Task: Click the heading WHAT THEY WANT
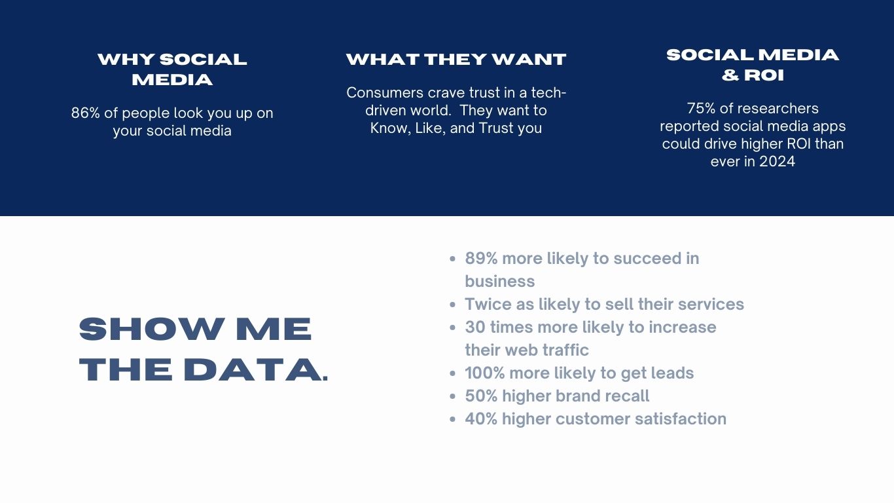point(456,60)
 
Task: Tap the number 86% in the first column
point(86,113)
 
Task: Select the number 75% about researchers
point(701,109)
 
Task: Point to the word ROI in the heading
point(764,75)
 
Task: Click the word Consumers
point(385,93)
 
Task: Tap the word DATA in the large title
point(253,369)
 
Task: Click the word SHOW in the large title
point(152,329)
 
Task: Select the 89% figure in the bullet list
point(481,259)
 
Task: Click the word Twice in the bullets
point(488,305)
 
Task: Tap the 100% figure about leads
point(485,373)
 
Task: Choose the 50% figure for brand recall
point(481,396)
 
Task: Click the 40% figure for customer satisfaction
point(481,419)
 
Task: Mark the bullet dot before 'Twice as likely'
point(452,305)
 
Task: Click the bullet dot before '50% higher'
point(452,397)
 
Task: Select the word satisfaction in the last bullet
point(681,419)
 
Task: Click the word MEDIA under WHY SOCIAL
point(172,80)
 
